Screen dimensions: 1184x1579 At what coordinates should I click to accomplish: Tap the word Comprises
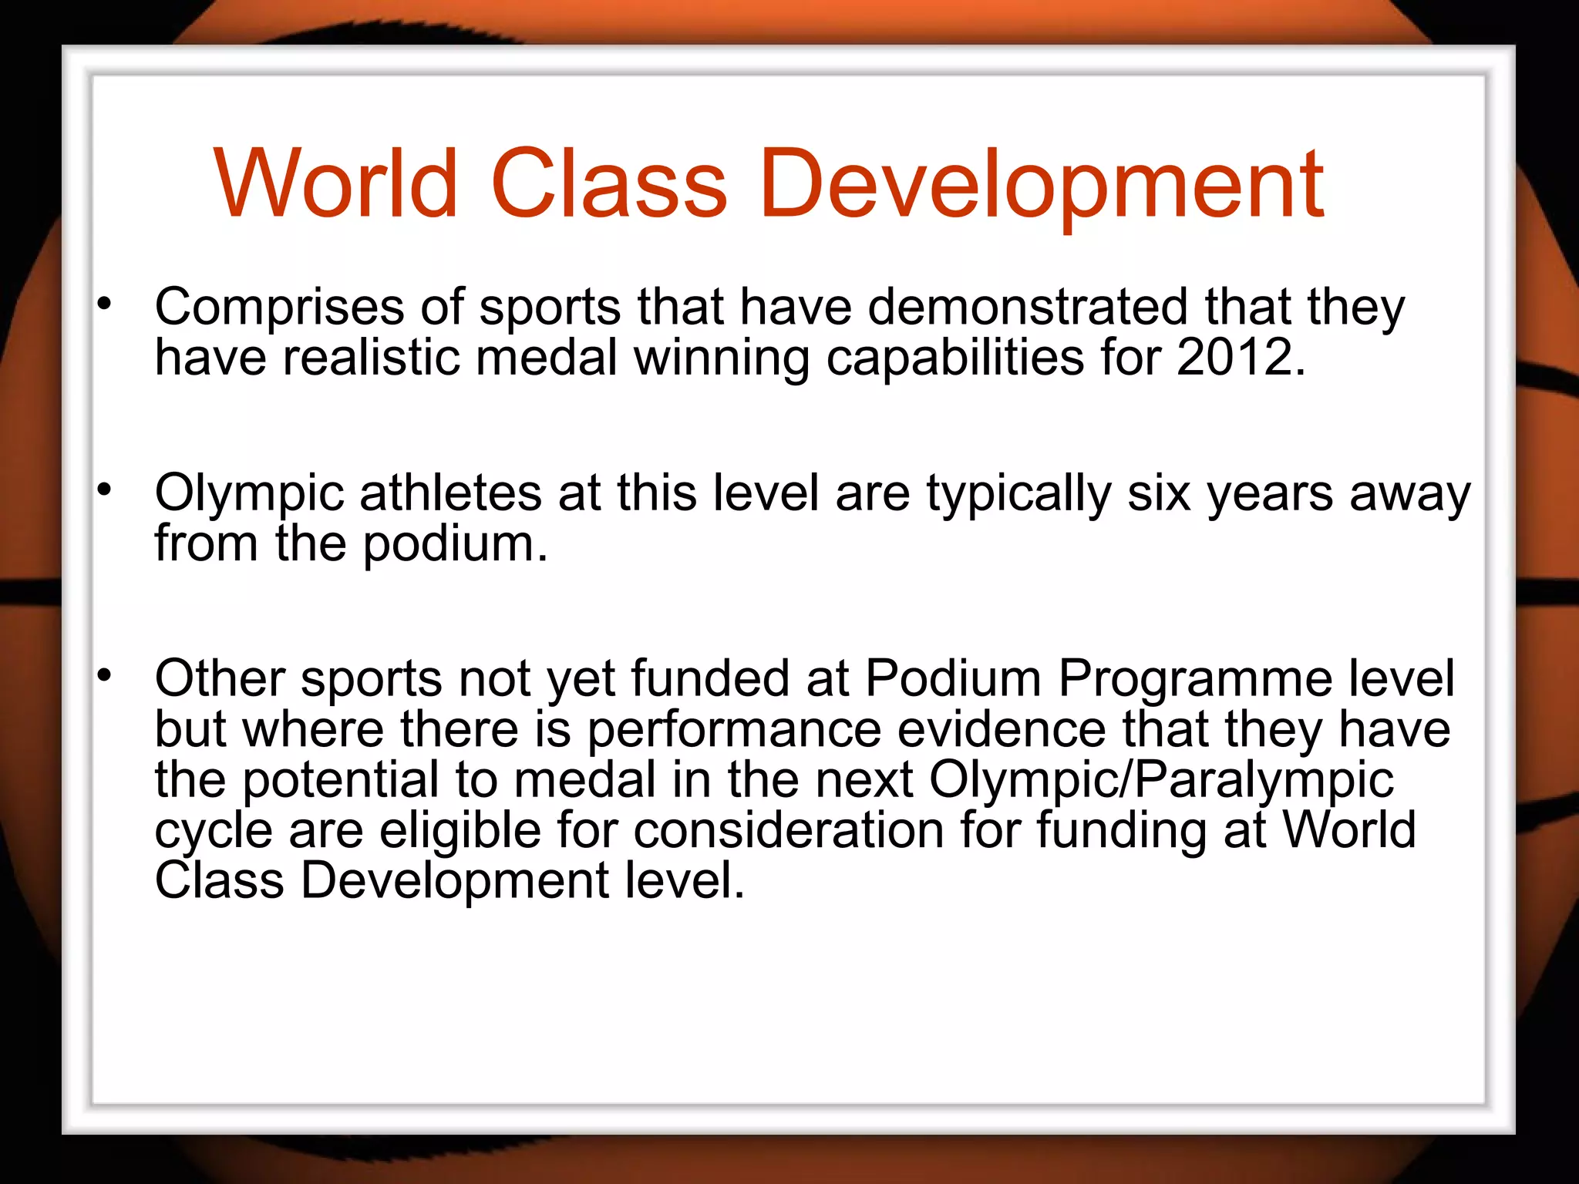pos(279,308)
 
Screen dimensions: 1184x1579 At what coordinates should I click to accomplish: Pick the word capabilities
pos(955,358)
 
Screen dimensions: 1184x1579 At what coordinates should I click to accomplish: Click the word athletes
pos(450,493)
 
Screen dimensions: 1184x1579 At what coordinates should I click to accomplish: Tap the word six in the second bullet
pos(1159,493)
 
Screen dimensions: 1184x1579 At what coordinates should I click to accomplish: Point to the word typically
pos(1018,494)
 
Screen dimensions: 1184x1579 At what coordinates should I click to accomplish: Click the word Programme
pos(1195,679)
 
